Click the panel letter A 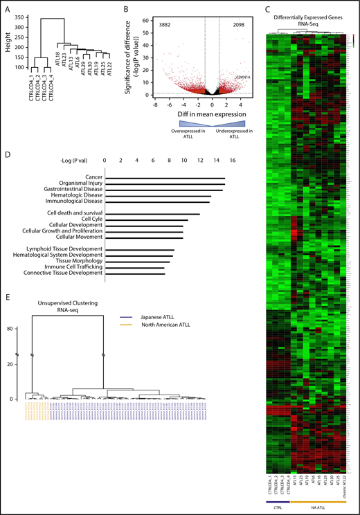(x=8, y=9)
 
